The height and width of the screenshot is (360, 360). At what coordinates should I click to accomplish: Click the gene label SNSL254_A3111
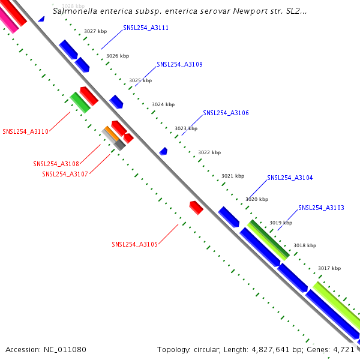146,28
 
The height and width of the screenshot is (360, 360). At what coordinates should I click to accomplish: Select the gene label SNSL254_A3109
179,64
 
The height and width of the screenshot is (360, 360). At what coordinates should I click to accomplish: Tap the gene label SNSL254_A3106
226,113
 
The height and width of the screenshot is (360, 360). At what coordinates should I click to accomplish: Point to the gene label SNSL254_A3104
290,178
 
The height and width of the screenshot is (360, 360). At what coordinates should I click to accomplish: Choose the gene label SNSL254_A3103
321,208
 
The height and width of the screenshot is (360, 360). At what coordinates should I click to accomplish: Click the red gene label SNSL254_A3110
25,131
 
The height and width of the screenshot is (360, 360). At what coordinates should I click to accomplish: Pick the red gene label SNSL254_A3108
56,164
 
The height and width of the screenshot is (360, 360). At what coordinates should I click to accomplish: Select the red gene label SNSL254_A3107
65,174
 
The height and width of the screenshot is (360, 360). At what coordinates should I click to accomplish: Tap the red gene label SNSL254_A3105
134,244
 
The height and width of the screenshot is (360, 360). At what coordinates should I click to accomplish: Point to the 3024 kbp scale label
163,104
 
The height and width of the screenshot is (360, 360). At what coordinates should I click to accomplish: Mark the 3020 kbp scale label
257,199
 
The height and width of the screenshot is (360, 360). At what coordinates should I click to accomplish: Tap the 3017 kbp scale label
329,268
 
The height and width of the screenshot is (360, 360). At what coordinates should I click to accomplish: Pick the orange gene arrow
110,133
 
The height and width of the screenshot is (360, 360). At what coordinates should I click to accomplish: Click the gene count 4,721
344,349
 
